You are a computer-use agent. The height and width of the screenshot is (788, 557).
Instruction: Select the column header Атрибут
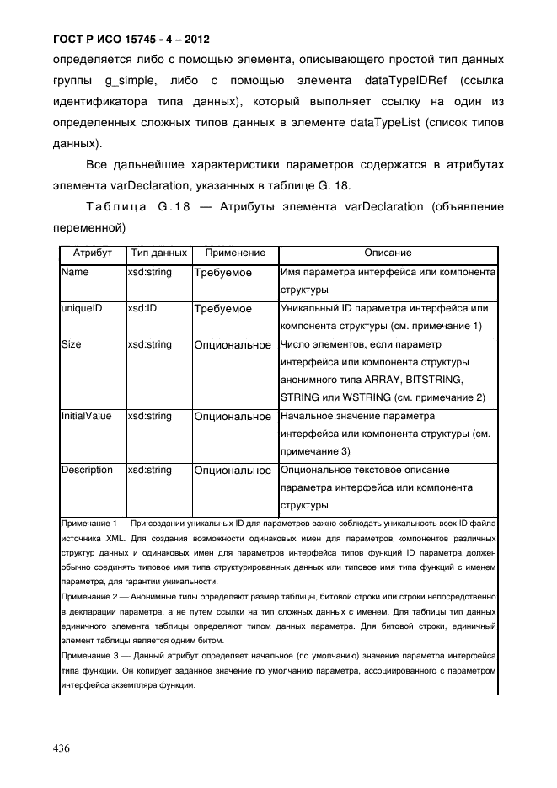tap(92, 253)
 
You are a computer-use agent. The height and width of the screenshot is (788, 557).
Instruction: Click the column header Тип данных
tap(158, 253)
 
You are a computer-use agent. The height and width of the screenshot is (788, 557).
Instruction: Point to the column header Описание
tap(387, 253)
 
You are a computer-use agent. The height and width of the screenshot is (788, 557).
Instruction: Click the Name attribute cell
tap(75, 273)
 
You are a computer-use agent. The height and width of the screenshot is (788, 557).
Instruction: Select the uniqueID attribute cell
tap(81, 309)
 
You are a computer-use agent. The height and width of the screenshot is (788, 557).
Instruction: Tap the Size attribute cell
tap(72, 345)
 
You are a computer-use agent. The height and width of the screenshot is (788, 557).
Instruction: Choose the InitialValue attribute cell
tap(86, 416)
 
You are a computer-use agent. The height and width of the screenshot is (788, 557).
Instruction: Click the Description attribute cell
tap(86, 470)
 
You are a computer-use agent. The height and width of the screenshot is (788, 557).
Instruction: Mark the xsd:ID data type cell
tap(142, 309)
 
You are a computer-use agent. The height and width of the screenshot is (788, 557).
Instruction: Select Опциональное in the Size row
tap(233, 345)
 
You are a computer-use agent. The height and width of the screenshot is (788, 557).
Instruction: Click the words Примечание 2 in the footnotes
tap(90, 596)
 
